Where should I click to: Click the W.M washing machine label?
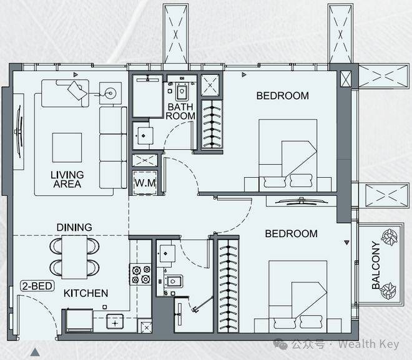[x=145, y=183]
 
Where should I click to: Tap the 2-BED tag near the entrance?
[x=37, y=286]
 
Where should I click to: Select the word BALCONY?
[x=376, y=265]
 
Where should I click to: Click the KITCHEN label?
[x=86, y=293]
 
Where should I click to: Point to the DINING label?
[x=74, y=227]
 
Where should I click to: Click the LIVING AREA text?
[x=67, y=179]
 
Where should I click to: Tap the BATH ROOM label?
[x=180, y=111]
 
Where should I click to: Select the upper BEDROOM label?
[x=282, y=95]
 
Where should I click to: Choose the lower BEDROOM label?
[x=291, y=234]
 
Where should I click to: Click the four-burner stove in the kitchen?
[x=140, y=275]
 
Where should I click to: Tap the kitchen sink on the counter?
[x=115, y=321]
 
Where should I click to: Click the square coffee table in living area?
[x=67, y=147]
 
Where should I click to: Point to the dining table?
[x=74, y=257]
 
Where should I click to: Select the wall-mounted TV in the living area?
[x=19, y=131]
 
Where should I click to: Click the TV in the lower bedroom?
[x=302, y=202]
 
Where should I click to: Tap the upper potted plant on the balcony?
[x=390, y=237]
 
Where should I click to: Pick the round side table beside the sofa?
[x=110, y=93]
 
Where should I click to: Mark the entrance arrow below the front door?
[x=35, y=352]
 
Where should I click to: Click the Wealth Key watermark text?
[x=368, y=344]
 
